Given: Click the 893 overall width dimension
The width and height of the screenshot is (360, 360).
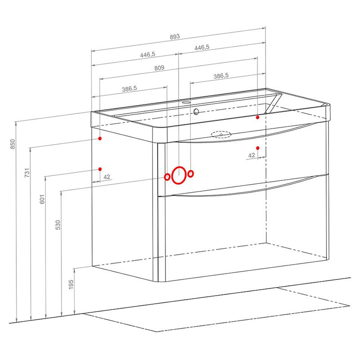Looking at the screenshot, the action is (x=175, y=37).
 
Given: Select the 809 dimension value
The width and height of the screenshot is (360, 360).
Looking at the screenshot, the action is (x=159, y=68).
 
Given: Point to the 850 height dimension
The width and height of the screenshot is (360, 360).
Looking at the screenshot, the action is (x=13, y=144).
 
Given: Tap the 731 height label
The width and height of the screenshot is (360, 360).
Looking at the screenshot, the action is (x=27, y=173).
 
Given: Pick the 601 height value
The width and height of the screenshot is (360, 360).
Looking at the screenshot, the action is (x=42, y=199).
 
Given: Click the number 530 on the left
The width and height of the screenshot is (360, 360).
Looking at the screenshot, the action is (x=58, y=225).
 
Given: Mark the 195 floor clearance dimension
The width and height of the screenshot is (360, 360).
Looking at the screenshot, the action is (x=71, y=284).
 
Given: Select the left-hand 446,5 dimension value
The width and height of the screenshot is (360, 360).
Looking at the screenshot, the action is (x=148, y=54).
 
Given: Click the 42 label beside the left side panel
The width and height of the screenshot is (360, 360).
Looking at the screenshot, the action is (x=107, y=177).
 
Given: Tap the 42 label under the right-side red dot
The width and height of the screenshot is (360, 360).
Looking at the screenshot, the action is (x=252, y=155).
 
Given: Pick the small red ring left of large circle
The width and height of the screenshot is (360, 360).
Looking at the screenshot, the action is (x=167, y=177).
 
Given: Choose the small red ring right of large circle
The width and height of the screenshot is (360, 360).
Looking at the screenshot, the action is (x=190, y=174).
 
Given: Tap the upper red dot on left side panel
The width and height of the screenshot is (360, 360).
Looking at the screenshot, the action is (x=100, y=138).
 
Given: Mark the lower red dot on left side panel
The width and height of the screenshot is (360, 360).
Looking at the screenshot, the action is (x=100, y=169).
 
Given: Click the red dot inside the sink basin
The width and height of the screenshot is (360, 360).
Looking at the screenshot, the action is (x=257, y=117).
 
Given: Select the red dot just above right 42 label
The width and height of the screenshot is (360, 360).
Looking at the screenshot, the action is (x=257, y=148).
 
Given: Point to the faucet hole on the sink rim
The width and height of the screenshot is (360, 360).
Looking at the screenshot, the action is (x=186, y=103).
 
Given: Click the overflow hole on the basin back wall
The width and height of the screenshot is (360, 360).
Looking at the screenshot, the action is (x=196, y=112).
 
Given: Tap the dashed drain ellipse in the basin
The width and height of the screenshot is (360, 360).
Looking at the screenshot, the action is (x=221, y=135).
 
